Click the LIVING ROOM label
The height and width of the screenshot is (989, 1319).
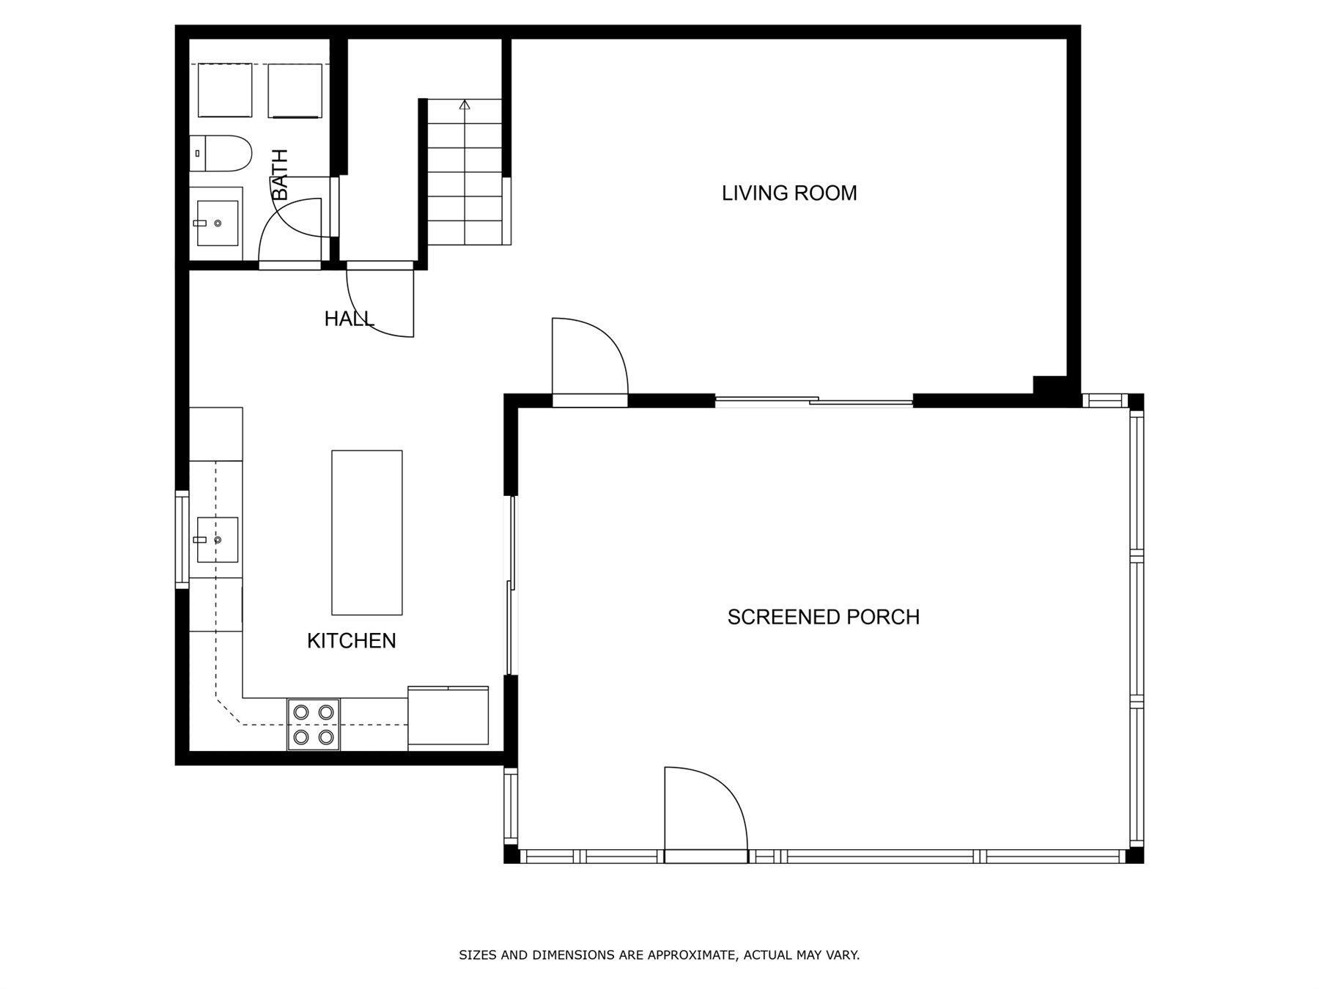pos(789,193)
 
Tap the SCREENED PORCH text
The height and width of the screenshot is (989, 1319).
pos(823,617)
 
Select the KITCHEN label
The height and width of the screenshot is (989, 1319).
pos(351,640)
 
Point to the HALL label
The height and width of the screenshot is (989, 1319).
pos(349,319)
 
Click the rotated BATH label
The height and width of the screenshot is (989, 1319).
pos(279,174)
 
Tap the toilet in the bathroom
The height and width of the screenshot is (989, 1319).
pos(221,153)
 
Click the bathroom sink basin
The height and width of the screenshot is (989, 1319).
pos(217,223)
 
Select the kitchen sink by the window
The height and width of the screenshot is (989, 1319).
pos(217,539)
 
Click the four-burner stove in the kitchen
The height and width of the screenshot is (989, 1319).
pos(314,725)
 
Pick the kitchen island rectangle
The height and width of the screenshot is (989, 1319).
pos(366,533)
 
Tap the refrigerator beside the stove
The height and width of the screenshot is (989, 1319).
pos(448,718)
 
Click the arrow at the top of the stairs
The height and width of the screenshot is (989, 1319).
pos(465,105)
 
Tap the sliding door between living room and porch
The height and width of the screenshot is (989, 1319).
pos(813,400)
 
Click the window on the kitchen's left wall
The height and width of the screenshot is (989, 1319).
pos(182,539)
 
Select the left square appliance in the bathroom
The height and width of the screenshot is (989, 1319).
pos(225,90)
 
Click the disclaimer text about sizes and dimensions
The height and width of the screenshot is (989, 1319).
pos(659,955)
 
